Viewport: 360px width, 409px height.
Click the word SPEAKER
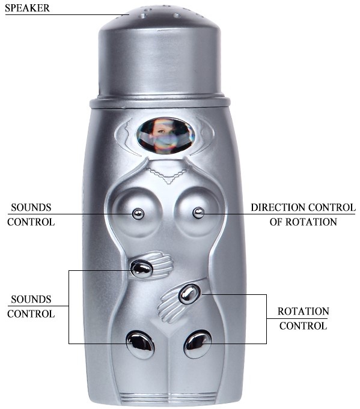point(27,8)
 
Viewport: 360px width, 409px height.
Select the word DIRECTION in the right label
point(278,207)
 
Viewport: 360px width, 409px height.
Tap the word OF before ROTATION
point(276,222)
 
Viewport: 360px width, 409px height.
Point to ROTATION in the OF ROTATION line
point(311,222)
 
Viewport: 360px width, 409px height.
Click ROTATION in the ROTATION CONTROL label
point(303,311)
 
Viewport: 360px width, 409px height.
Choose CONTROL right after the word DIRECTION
point(332,207)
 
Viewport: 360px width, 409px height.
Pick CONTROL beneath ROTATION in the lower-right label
point(303,326)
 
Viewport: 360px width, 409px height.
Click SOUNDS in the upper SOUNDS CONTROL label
point(31,207)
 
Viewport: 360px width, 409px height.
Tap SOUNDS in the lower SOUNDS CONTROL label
point(31,299)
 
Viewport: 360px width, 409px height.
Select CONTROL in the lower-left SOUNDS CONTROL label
point(31,314)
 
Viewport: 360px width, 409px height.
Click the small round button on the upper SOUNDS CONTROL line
point(138,214)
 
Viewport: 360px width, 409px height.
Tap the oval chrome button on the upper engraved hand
point(141,268)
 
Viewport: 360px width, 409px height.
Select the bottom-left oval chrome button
point(140,344)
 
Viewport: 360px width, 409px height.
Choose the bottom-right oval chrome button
point(198,344)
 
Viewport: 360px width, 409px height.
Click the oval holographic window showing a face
point(165,135)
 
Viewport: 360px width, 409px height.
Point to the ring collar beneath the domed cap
point(160,102)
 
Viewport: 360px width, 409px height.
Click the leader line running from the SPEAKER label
point(67,15)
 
